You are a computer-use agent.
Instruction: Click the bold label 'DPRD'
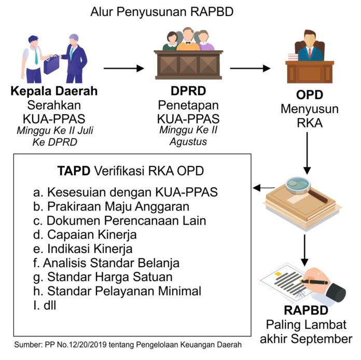coord(188,92)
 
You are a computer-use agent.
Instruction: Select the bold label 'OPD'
coord(310,95)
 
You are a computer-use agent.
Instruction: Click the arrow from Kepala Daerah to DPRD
coord(123,68)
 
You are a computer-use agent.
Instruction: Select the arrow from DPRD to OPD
coord(250,68)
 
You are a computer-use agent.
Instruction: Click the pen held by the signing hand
coord(318,282)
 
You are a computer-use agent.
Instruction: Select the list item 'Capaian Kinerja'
coord(92,234)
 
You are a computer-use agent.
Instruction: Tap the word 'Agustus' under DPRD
coord(188,141)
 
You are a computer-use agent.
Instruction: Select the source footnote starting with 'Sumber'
coord(128,346)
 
